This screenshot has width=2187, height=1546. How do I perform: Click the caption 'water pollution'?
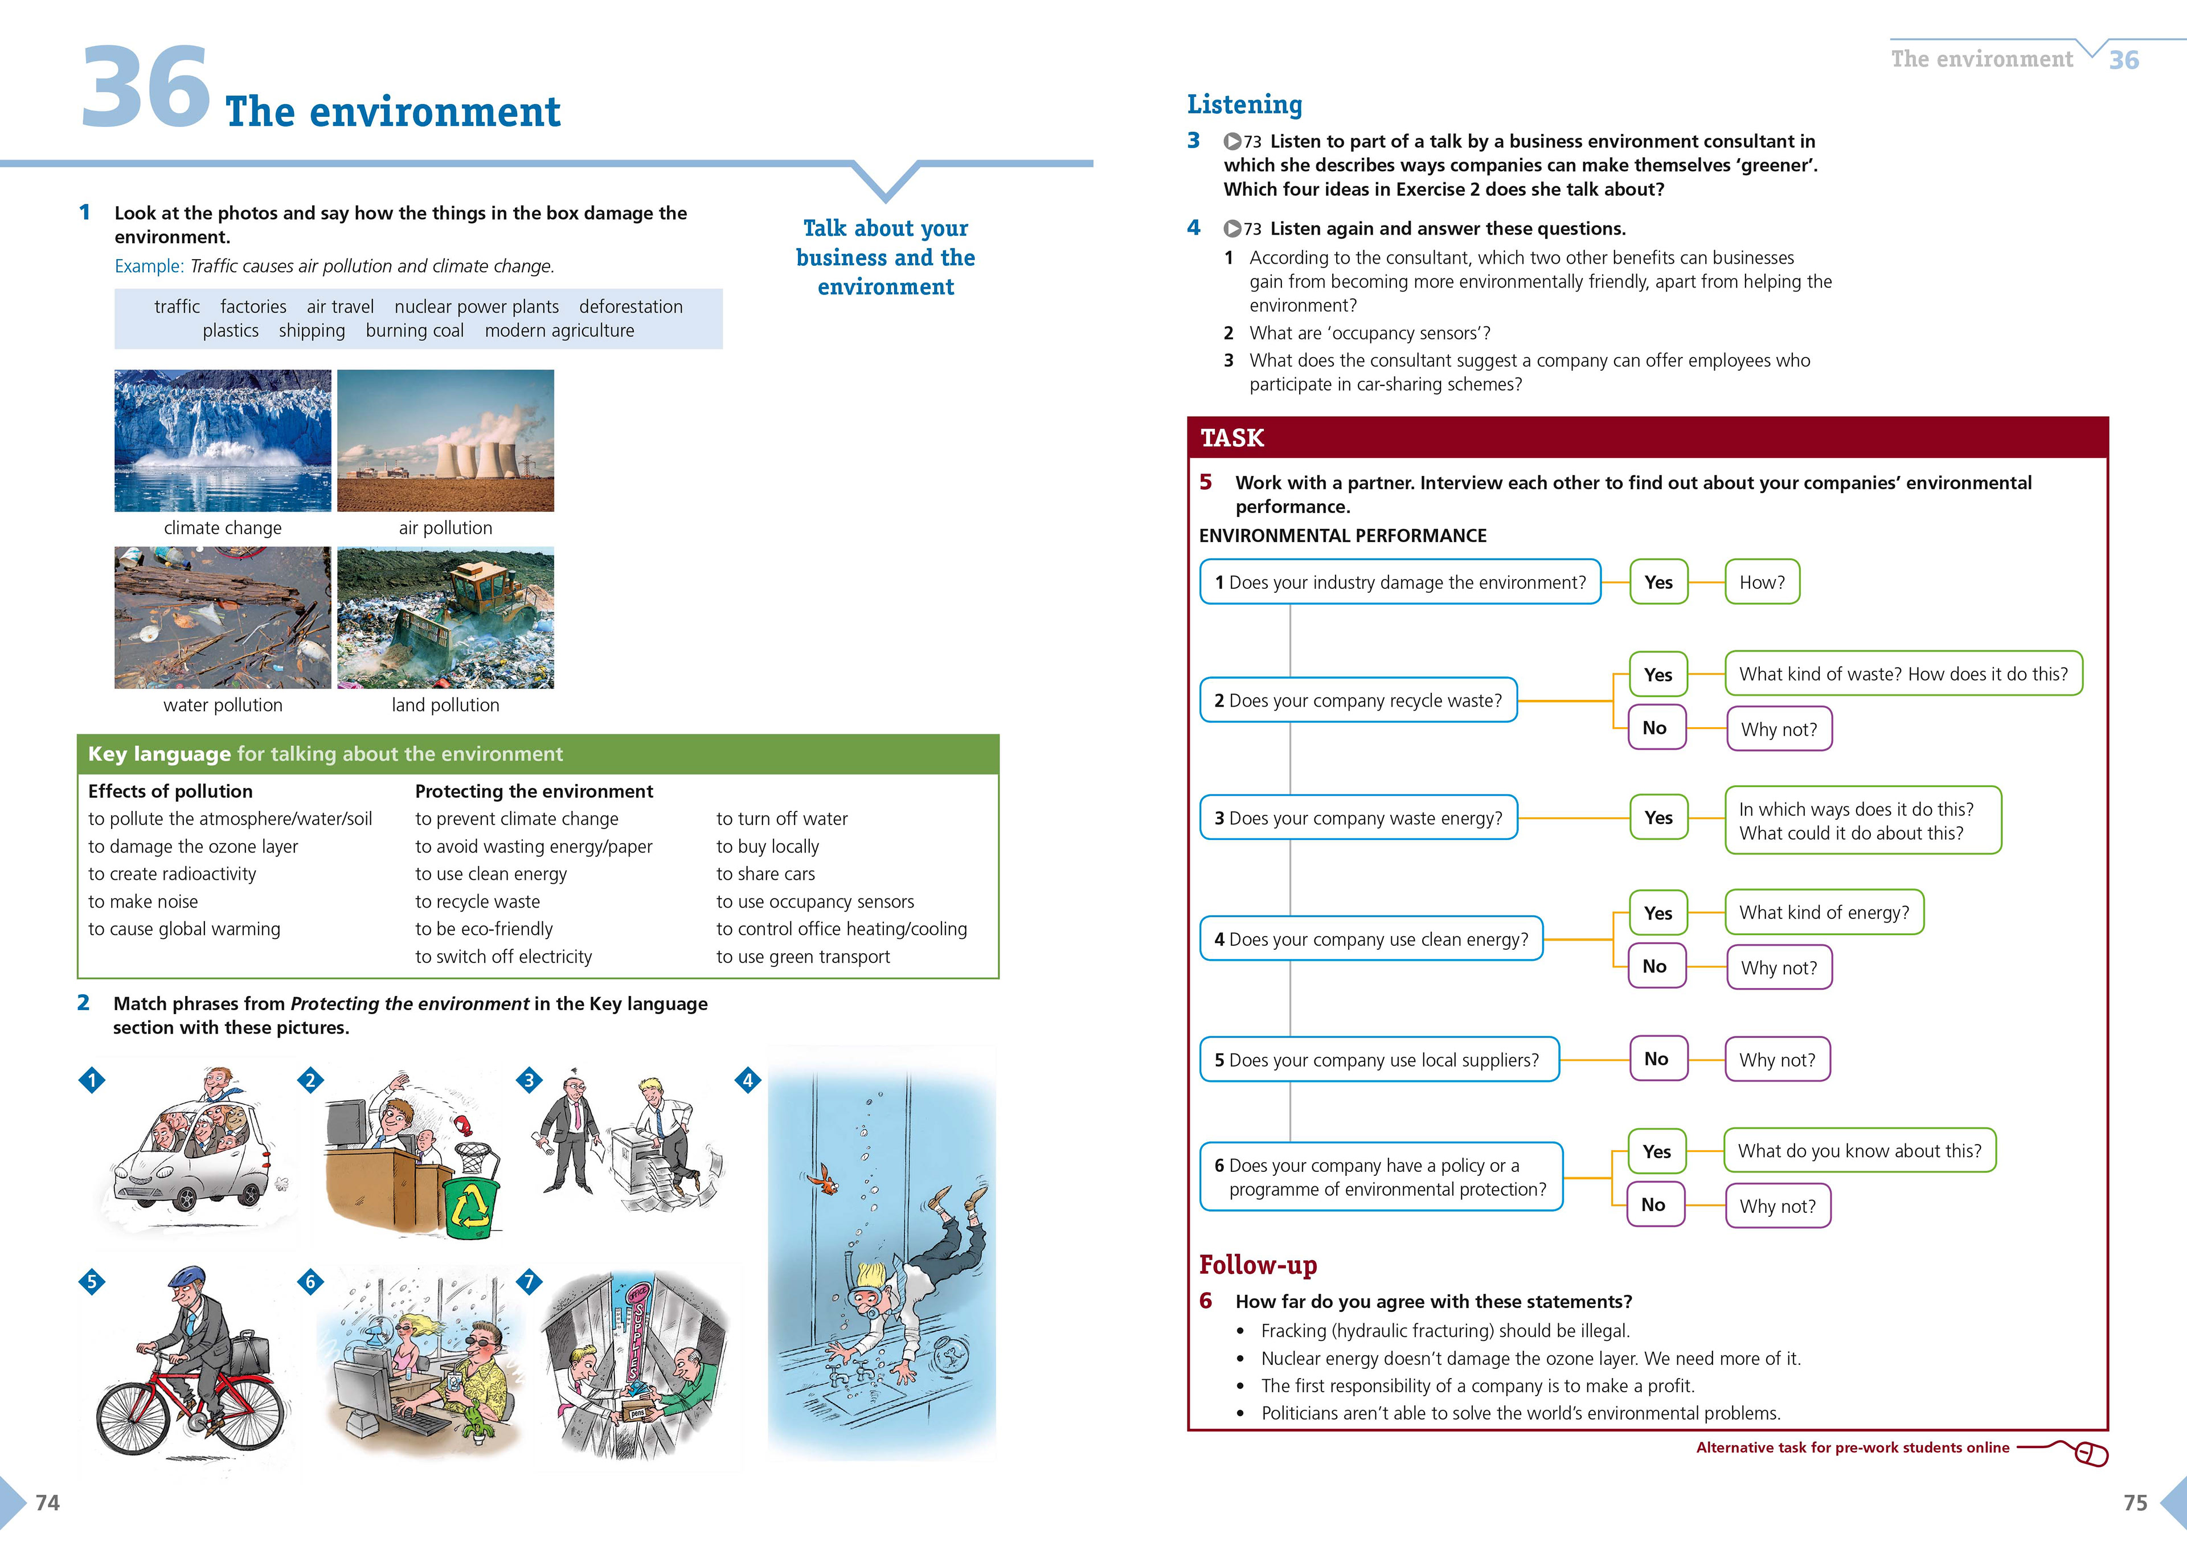[223, 705]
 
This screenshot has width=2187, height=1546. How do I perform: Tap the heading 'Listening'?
[1244, 104]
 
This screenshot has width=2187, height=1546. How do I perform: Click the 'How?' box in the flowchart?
[1761, 582]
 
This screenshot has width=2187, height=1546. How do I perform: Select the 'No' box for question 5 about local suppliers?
[1656, 1059]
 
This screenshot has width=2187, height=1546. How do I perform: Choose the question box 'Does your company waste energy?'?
[1357, 818]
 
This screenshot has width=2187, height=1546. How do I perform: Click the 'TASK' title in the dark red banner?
[1232, 438]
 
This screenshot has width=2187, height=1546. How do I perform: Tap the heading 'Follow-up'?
[1258, 1265]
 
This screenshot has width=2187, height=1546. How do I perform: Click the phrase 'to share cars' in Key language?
[765, 874]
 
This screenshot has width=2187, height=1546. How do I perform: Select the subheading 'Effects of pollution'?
[170, 790]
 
